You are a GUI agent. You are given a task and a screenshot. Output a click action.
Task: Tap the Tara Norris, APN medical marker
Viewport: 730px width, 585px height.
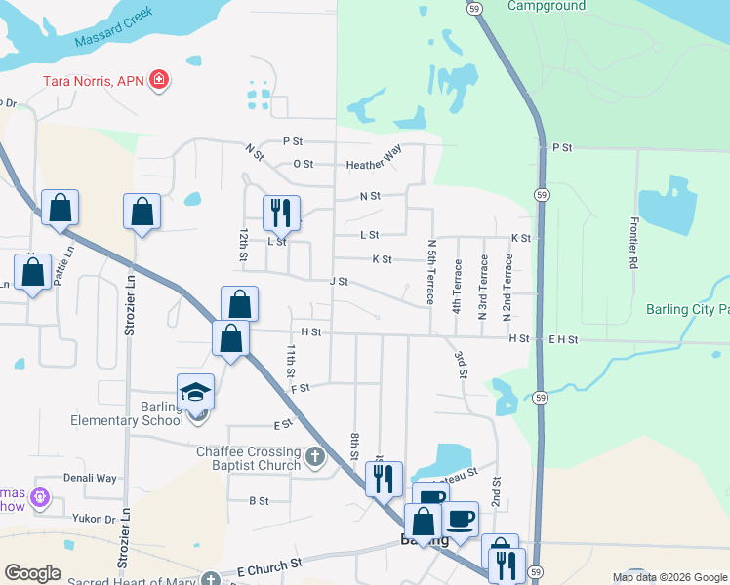[159, 80]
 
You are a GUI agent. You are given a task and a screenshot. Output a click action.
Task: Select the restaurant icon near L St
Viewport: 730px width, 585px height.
[281, 211]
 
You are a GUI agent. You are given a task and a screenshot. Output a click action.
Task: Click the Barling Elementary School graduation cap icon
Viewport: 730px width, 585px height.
[195, 392]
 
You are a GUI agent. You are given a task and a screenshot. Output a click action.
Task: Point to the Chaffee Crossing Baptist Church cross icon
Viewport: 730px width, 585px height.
[314, 456]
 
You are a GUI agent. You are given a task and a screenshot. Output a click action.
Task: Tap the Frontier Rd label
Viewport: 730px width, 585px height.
[633, 243]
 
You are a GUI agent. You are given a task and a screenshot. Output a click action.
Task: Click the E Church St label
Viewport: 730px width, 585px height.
[269, 565]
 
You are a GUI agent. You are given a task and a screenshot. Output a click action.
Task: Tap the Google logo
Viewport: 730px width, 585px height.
[32, 573]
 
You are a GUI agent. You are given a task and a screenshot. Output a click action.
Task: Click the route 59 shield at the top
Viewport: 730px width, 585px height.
[472, 9]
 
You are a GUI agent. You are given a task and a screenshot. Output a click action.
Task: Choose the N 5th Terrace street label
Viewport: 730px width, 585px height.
[430, 273]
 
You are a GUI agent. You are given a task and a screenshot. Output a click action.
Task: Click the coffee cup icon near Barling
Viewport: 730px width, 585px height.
[461, 519]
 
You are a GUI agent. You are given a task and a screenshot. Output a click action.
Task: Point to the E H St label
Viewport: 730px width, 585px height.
[563, 339]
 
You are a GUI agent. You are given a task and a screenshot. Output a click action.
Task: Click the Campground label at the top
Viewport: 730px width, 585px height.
[547, 6]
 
